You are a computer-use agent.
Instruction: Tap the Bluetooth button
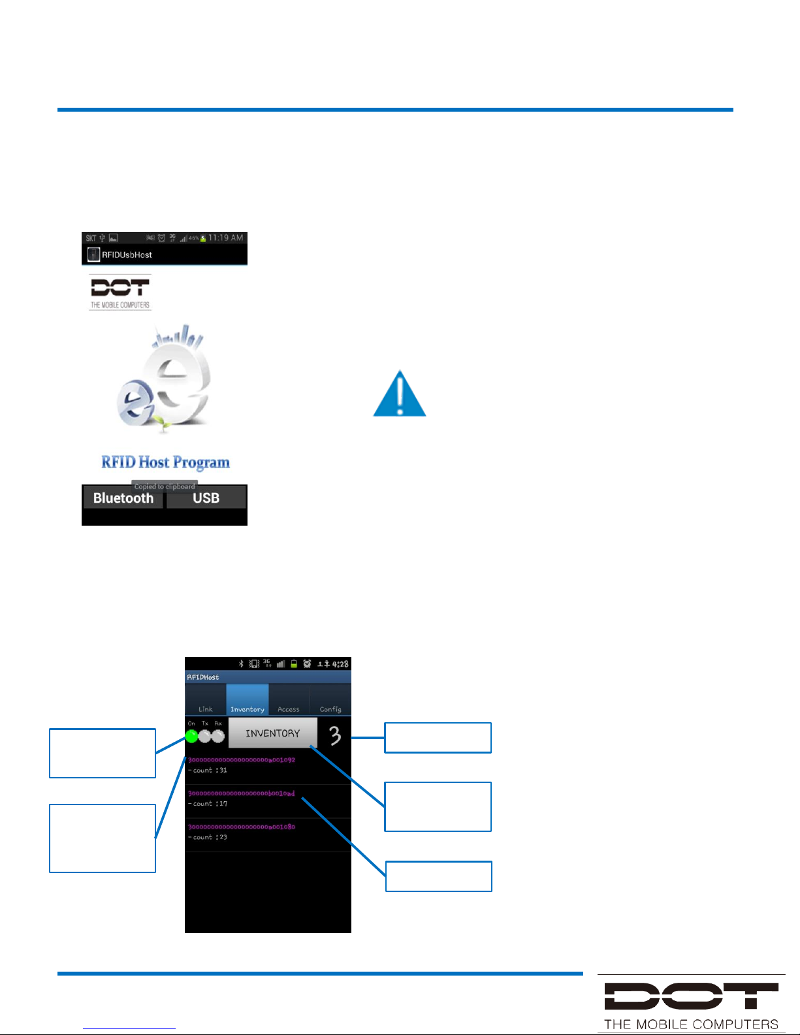(x=123, y=498)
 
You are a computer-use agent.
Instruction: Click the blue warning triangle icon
(x=400, y=394)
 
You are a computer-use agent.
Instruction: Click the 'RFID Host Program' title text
(x=165, y=462)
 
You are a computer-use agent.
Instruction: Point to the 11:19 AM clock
(x=225, y=238)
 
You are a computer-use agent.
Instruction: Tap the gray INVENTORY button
(x=272, y=733)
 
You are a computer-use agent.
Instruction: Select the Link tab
(x=205, y=708)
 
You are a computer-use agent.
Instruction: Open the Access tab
(x=289, y=708)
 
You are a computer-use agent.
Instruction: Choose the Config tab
(x=330, y=708)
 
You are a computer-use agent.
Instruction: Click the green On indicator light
(x=192, y=736)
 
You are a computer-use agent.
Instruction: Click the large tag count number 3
(x=335, y=735)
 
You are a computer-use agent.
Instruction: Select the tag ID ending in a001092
(x=242, y=760)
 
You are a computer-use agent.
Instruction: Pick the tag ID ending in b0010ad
(x=242, y=793)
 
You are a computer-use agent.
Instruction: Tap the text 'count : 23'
(x=208, y=837)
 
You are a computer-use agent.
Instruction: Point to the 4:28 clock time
(x=340, y=664)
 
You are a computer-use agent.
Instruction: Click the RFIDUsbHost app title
(x=127, y=255)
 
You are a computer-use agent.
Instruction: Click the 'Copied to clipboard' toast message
(x=165, y=486)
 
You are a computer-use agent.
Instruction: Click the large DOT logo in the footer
(x=691, y=997)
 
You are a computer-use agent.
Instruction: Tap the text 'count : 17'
(x=208, y=804)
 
